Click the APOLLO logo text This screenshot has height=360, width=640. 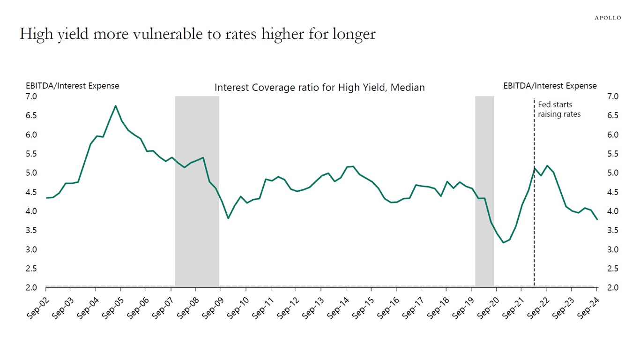pos(608,18)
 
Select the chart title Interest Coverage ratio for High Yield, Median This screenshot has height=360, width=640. pos(320,87)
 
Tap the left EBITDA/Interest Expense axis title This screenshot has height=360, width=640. pos(72,86)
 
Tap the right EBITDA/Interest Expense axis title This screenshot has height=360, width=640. pos(550,86)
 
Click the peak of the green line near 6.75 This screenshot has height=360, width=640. pos(116,106)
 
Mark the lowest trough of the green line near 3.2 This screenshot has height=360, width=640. pos(503,242)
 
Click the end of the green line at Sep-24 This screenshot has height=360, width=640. pos(597,219)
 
